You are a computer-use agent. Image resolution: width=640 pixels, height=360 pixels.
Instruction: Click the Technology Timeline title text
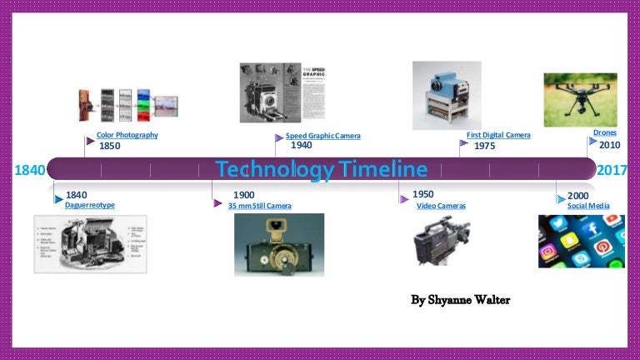click(321, 170)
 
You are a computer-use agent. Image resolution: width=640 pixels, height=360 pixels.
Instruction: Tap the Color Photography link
click(127, 135)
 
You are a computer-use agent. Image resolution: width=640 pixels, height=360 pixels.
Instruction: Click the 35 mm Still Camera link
click(260, 206)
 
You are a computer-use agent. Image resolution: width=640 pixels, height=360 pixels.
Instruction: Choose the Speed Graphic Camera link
click(323, 136)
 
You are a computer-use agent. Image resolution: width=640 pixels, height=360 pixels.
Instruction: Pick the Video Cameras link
click(441, 206)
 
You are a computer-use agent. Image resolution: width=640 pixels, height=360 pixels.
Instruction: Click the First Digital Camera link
click(498, 135)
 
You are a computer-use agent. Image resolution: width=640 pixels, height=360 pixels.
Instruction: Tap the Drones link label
click(605, 132)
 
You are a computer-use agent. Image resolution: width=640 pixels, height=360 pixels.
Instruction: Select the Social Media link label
click(588, 206)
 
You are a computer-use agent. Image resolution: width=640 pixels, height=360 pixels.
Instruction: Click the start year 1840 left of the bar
click(30, 171)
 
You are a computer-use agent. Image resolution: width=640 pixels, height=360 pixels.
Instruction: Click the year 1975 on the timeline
click(485, 146)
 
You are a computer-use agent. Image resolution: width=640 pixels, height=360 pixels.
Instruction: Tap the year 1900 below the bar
click(244, 195)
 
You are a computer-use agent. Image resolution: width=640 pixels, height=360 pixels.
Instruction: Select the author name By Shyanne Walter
click(461, 299)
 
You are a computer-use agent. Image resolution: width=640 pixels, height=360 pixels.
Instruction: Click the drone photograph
click(580, 99)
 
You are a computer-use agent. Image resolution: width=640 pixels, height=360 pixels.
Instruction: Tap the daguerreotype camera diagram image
click(90, 244)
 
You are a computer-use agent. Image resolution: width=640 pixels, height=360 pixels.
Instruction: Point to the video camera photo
click(442, 241)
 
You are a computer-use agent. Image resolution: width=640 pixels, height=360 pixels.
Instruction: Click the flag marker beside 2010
click(592, 142)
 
